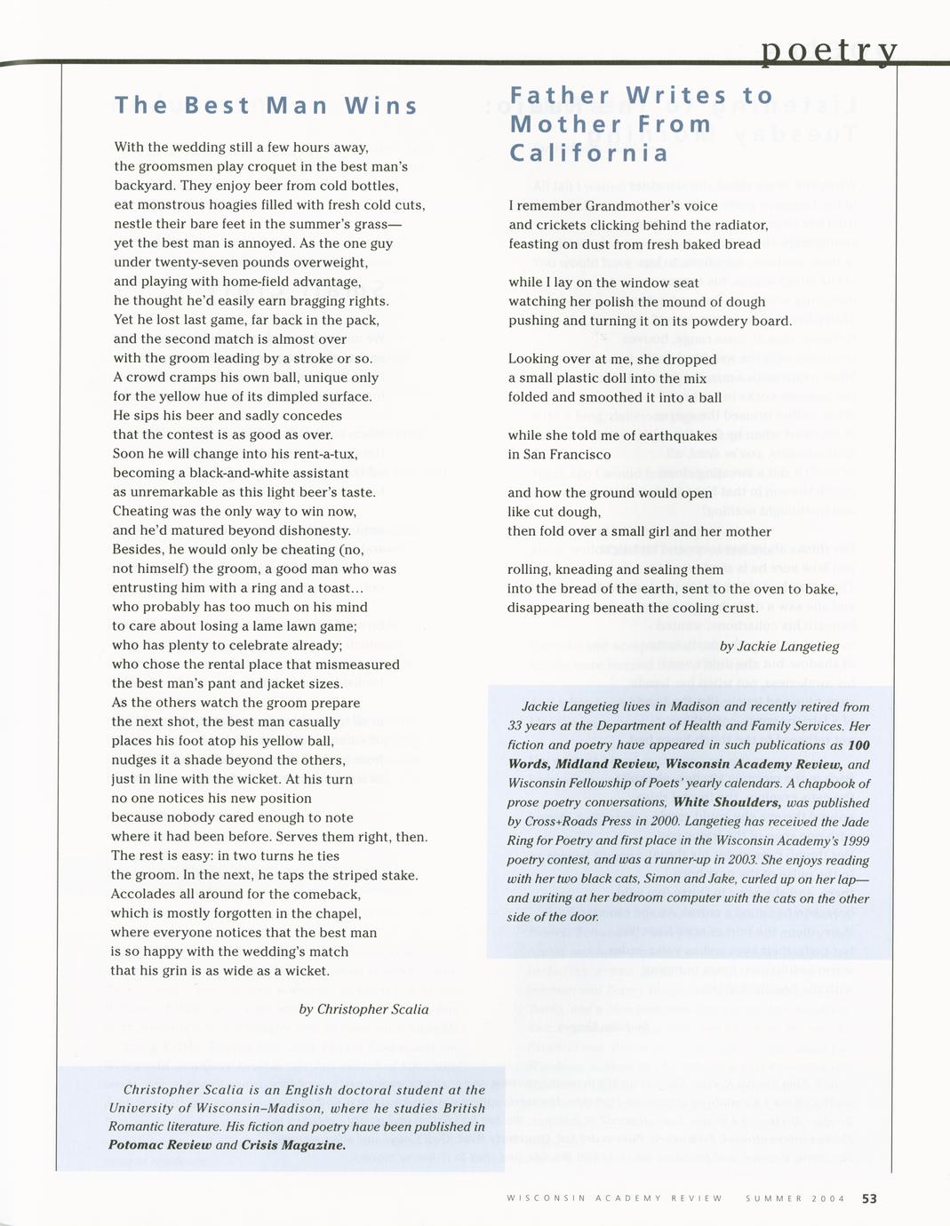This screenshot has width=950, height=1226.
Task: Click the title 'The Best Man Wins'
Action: click(267, 106)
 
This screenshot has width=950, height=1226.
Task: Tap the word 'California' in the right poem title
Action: click(588, 153)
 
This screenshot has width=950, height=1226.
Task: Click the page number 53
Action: click(869, 1198)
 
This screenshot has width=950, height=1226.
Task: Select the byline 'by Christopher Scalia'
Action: click(363, 1009)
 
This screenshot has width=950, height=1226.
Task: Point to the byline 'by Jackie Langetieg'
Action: click(779, 646)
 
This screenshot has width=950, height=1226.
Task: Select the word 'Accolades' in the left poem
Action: click(148, 894)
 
